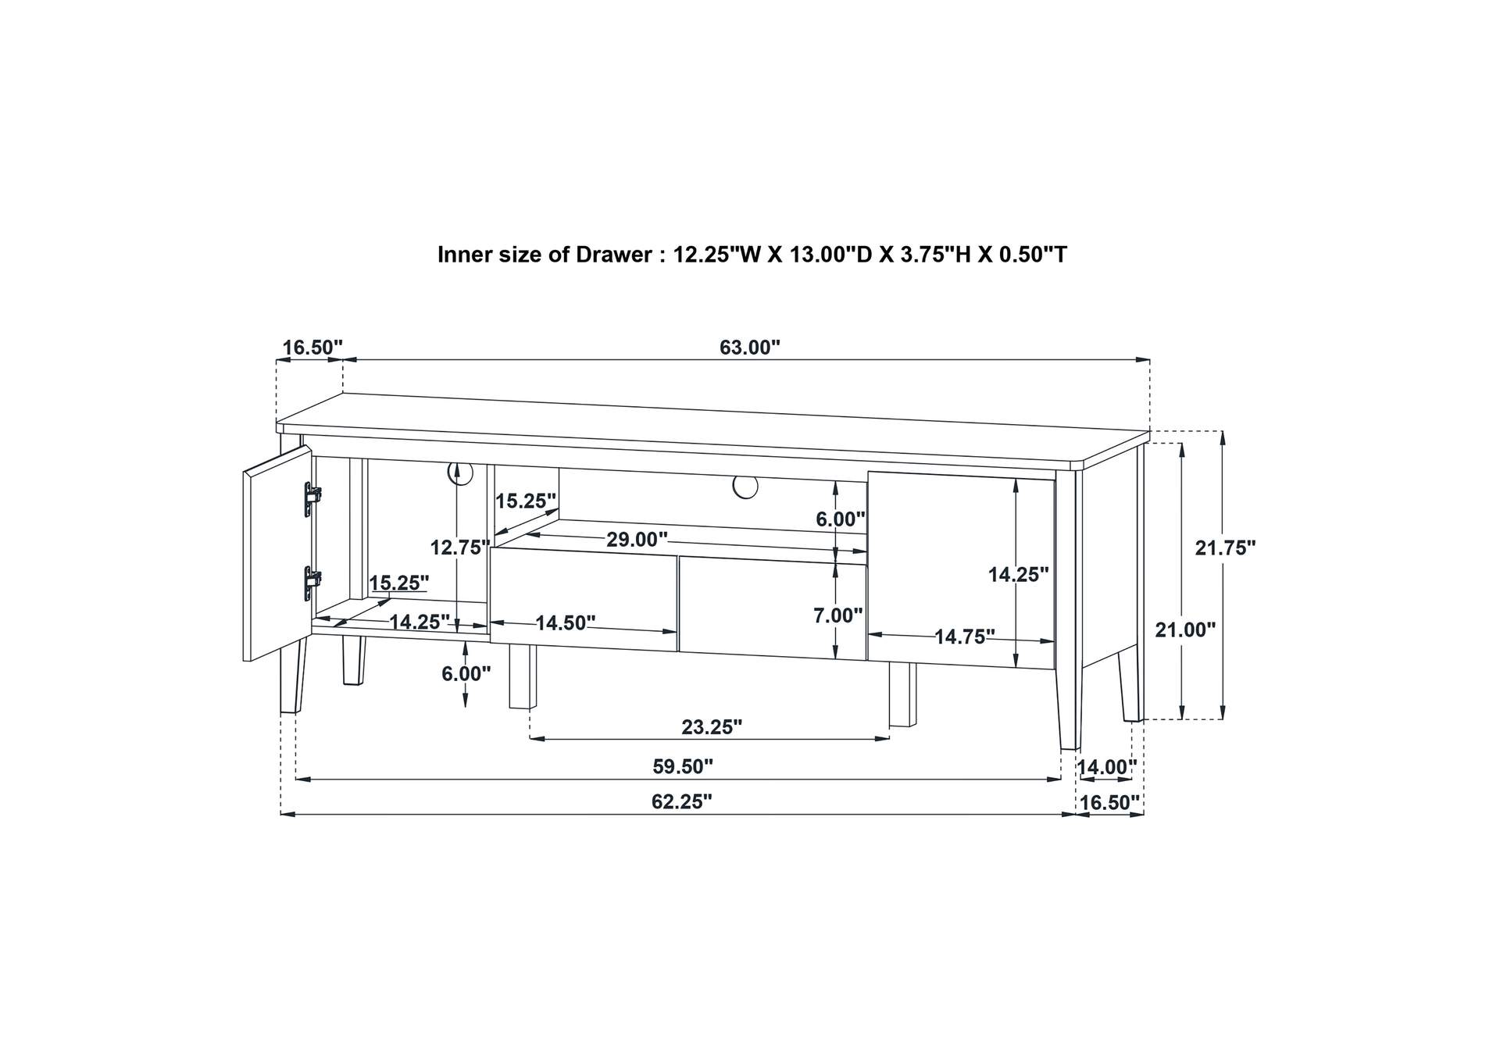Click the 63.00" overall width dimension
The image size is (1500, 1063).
(x=750, y=348)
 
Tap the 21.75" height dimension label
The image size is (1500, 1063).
(x=1225, y=548)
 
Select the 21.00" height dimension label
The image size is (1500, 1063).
(x=1185, y=630)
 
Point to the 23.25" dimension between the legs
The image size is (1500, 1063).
(x=712, y=727)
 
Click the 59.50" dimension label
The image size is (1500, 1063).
(x=683, y=767)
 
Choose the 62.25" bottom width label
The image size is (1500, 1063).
(x=682, y=801)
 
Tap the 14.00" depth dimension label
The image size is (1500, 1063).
(x=1106, y=768)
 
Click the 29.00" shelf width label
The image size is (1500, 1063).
(x=637, y=540)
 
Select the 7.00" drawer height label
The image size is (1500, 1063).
(x=838, y=615)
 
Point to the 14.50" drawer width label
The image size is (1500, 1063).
(x=566, y=623)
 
